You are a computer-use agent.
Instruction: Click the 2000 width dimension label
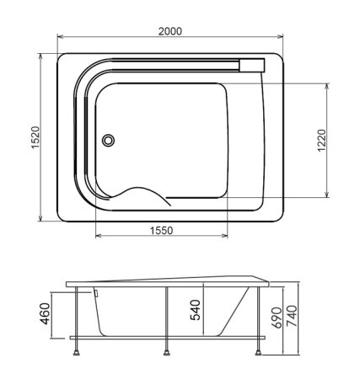(170, 31)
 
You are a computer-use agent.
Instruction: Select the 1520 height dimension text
(35, 137)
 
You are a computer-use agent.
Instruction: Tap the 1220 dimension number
(322, 141)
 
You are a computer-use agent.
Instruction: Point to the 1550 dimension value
(161, 231)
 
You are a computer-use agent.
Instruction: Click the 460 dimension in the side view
(45, 313)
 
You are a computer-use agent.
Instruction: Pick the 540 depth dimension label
(196, 310)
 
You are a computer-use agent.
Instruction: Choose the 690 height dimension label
(277, 318)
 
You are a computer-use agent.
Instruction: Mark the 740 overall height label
(292, 316)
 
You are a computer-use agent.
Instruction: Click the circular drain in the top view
(108, 140)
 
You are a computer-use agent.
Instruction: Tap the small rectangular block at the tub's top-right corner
(252, 66)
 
